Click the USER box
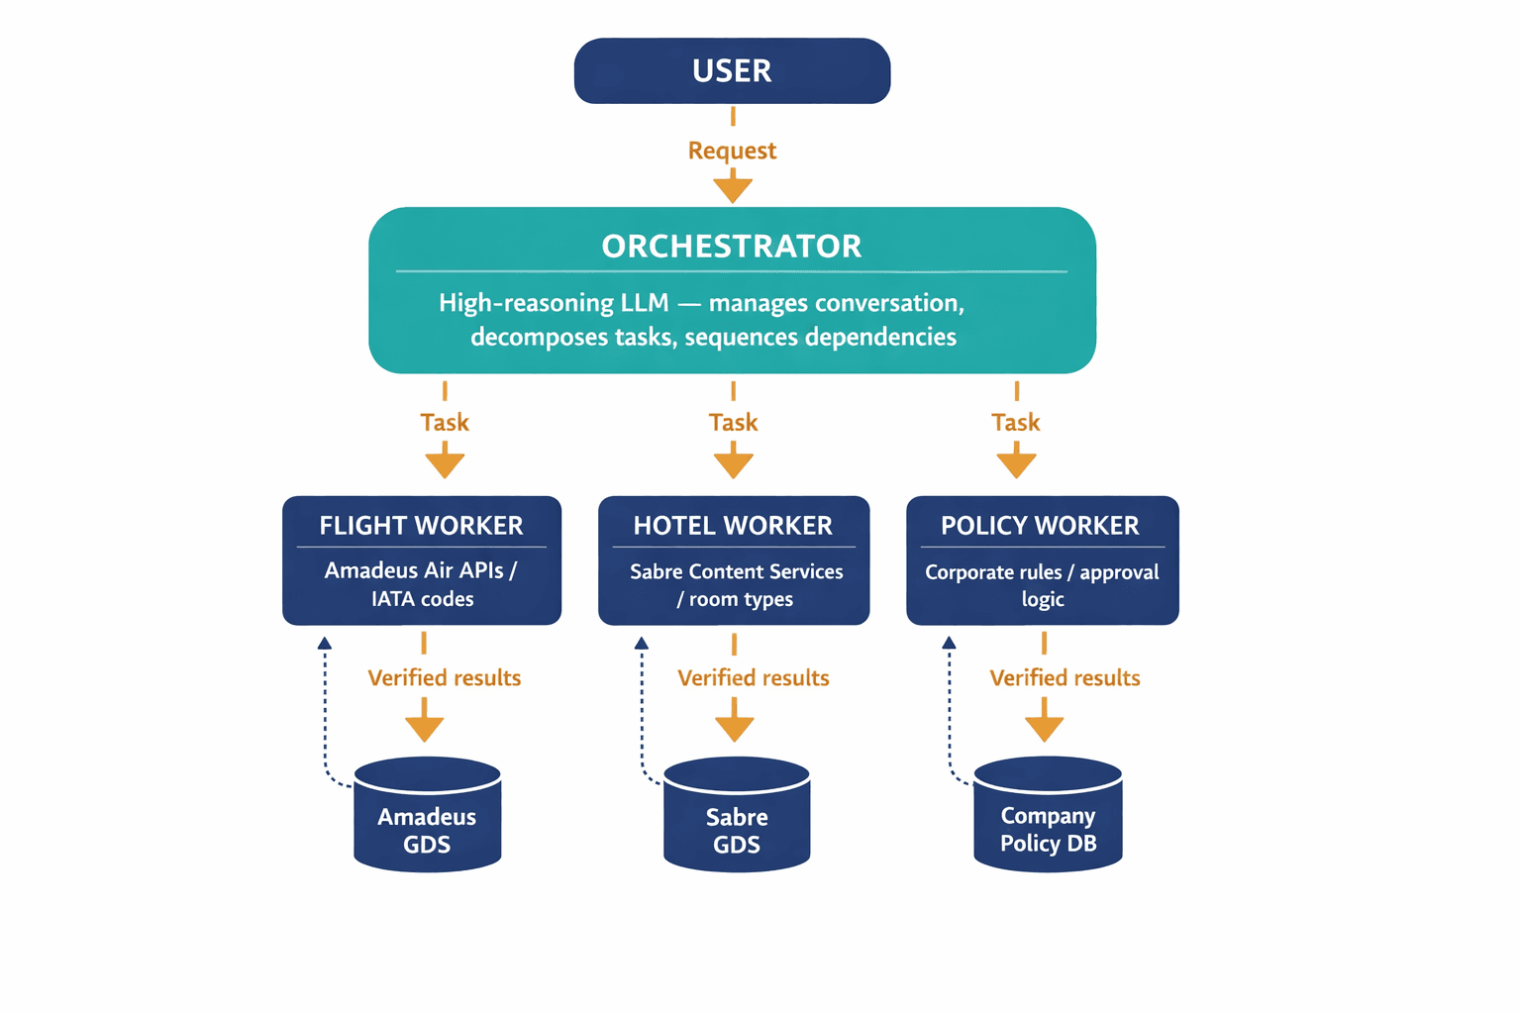(x=732, y=71)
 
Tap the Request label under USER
(x=732, y=151)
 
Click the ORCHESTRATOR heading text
(x=732, y=246)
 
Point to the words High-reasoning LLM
(x=554, y=303)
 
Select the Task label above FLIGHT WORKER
(x=445, y=423)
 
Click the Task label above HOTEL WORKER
(x=733, y=423)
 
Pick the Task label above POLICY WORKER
(x=1016, y=423)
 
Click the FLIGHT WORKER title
(x=421, y=526)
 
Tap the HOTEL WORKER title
(x=733, y=526)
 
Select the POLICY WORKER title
(x=1040, y=526)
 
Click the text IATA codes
(x=422, y=599)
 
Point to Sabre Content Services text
(x=736, y=571)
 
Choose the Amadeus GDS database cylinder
(x=428, y=817)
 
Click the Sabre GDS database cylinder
(x=737, y=817)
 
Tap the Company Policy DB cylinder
(x=1048, y=817)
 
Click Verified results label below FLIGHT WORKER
(x=444, y=678)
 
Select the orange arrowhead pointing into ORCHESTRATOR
(x=733, y=189)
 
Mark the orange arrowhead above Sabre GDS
(x=734, y=728)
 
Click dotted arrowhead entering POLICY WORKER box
(x=949, y=644)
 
